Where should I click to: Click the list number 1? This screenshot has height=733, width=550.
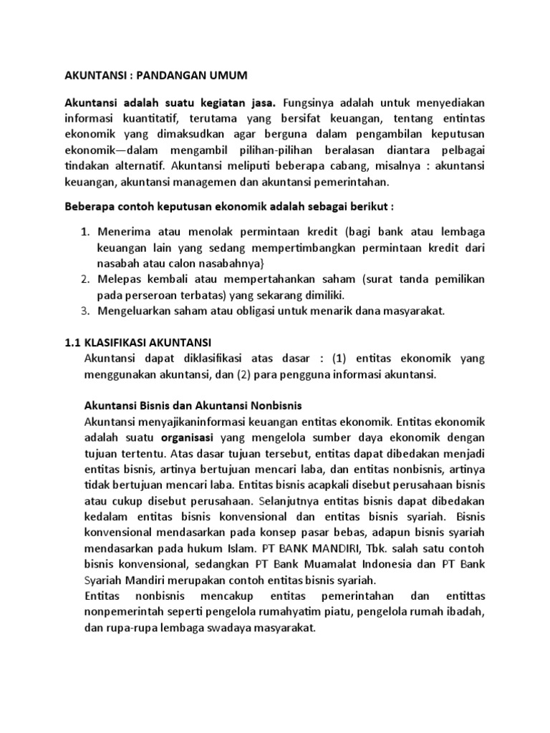tap(83, 233)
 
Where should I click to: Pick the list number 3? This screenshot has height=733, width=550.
tap(83, 312)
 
